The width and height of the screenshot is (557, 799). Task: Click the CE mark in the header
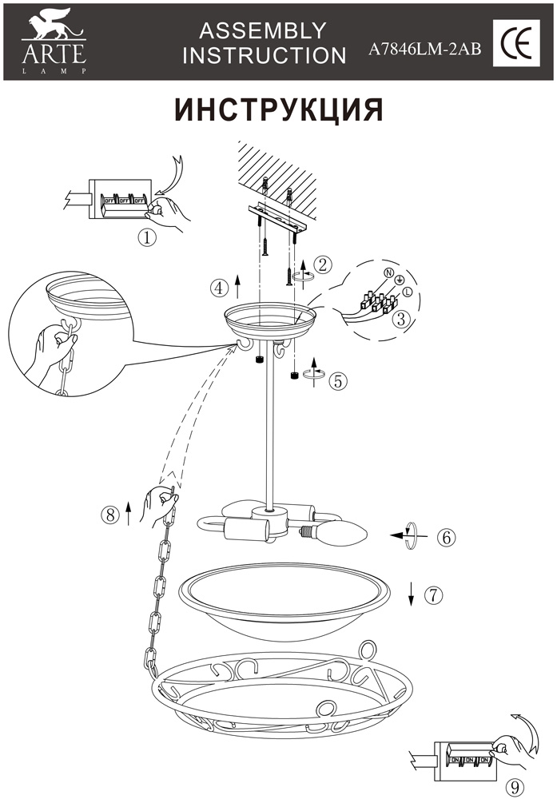515,43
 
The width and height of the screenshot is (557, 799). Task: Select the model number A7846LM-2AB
424,49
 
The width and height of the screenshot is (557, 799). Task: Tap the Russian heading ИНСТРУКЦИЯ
279,109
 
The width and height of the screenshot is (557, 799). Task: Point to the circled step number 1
147,238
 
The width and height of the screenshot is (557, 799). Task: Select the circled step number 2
323,264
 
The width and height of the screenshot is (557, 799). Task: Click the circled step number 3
402,319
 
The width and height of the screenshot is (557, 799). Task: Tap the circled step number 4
218,288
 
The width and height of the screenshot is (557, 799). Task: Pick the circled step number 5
338,380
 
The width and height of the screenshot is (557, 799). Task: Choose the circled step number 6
447,537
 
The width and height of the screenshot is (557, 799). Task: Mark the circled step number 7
433,594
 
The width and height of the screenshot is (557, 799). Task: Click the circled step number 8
109,515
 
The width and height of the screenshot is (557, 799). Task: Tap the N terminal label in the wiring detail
388,273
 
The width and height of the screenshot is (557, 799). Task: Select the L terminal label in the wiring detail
408,292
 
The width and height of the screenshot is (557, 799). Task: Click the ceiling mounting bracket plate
277,217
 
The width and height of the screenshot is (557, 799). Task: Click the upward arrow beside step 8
128,514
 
